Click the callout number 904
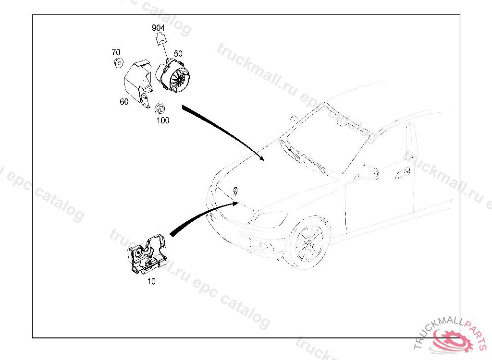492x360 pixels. pos(158,28)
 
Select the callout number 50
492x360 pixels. pos(178,54)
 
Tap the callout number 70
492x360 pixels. pos(116,52)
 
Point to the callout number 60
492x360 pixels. pos(124,102)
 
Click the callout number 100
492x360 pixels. pos(163,120)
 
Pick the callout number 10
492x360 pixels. pos(151,282)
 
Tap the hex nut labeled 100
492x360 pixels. pos(160,107)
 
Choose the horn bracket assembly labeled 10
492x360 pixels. pos(146,255)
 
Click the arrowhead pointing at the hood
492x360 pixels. pos(261,158)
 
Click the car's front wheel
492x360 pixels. pos(308,242)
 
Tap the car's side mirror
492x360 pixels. pos(367,171)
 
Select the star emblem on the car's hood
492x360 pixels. pos(235,190)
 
